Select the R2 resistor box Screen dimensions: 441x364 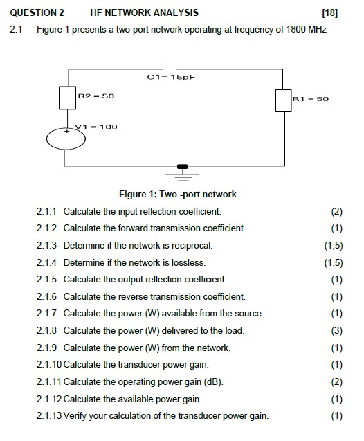[x=66, y=98]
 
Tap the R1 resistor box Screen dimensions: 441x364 [x=283, y=100]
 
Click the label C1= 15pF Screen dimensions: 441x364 [x=172, y=78]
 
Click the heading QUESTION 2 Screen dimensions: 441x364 [x=35, y=12]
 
